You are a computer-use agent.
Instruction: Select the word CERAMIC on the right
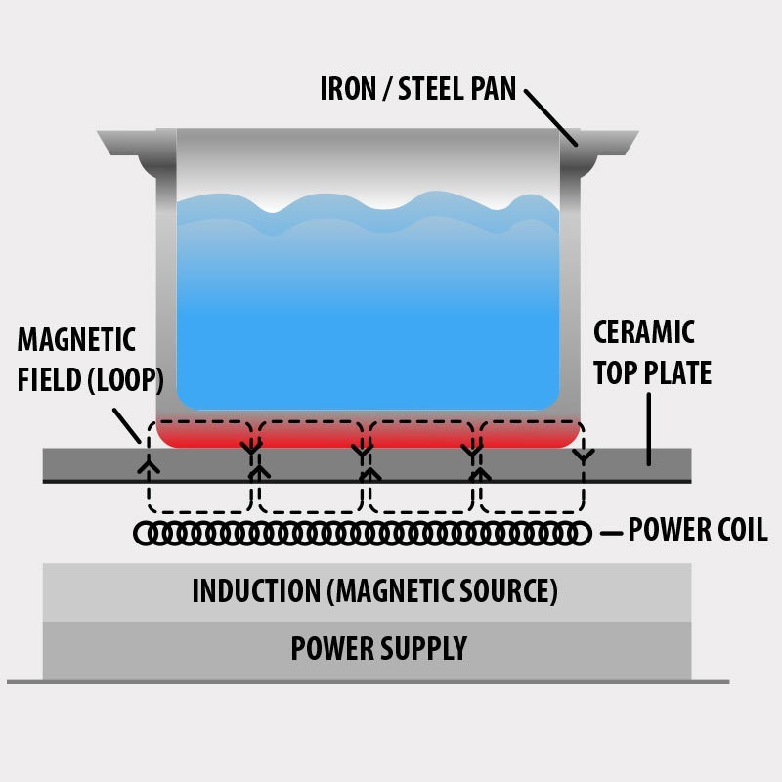click(x=644, y=331)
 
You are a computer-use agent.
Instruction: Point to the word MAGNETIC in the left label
click(x=76, y=340)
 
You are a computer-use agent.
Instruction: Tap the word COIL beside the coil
click(x=736, y=531)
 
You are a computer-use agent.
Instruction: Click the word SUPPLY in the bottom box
click(x=421, y=648)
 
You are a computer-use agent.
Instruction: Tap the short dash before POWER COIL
click(x=611, y=533)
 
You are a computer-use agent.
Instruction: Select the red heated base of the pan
click(x=371, y=436)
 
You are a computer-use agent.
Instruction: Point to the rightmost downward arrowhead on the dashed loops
click(x=584, y=456)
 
